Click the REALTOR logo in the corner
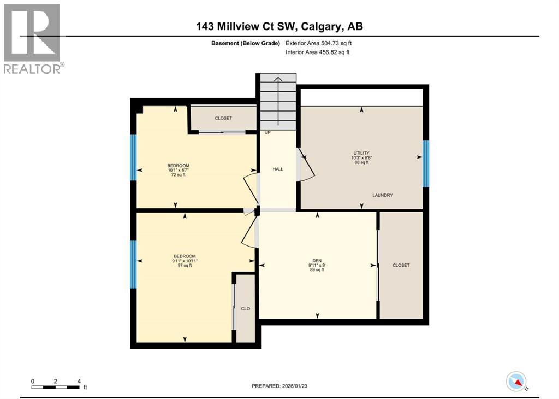32,38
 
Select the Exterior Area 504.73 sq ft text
323,43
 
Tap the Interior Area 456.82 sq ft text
318,52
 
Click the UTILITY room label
361,153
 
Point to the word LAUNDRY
383,195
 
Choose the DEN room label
317,260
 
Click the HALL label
278,169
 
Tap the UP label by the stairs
267,133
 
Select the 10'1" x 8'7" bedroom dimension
178,171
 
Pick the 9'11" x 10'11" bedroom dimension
185,261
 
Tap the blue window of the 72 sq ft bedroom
133,157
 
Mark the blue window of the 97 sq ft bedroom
133,264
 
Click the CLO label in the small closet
246,309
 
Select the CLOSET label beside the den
401,266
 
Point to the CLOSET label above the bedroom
223,118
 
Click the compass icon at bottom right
516,381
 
